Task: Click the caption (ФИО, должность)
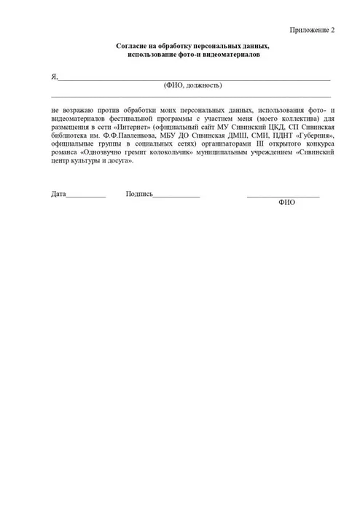193,85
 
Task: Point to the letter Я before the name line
54,76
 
